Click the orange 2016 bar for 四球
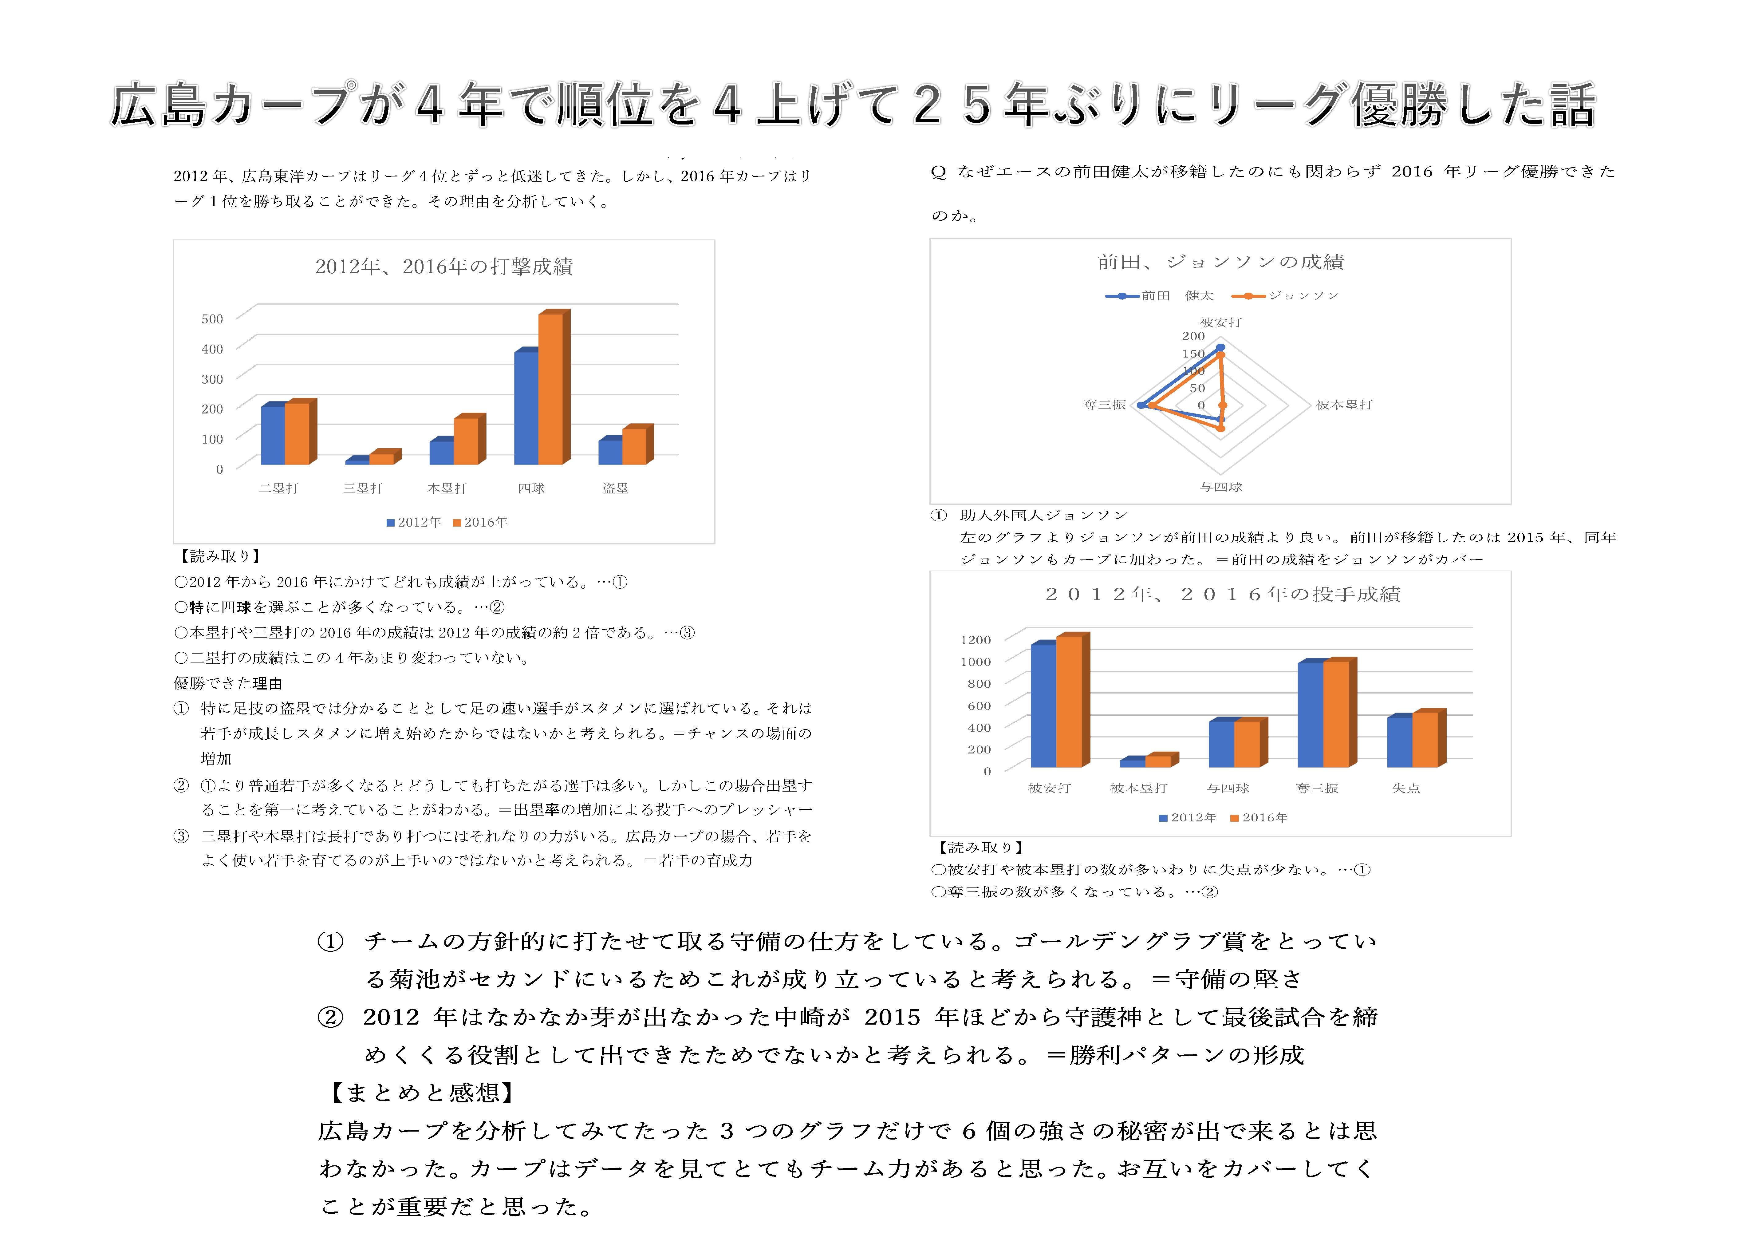[550, 389]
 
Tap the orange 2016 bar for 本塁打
[465, 441]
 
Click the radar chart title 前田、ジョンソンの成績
[1220, 262]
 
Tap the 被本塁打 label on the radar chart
[1344, 404]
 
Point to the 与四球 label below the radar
[1220, 487]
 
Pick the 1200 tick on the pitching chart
[975, 640]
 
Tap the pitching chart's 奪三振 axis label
[1317, 788]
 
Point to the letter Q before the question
[939, 172]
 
